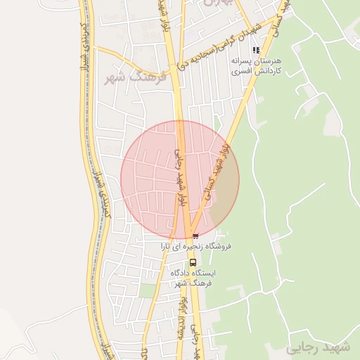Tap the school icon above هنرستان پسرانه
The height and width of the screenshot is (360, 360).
[256, 50]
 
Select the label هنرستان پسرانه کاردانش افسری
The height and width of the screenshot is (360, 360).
[257, 66]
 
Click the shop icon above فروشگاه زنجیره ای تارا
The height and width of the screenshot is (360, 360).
[195, 236]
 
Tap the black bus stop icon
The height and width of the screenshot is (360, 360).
[193, 262]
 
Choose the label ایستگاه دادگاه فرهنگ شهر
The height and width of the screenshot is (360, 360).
[193, 277]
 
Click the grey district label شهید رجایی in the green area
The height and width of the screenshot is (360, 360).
[317, 348]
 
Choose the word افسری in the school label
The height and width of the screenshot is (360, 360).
[240, 72]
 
